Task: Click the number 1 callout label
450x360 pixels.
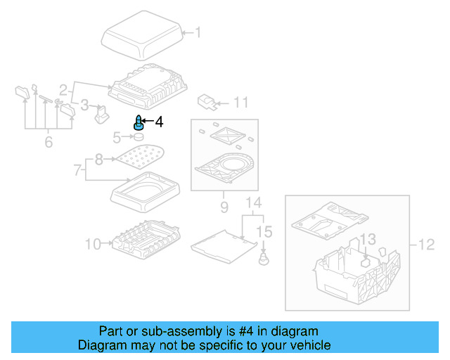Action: pyautogui.click(x=198, y=32)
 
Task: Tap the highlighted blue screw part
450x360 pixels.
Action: pyautogui.click(x=139, y=123)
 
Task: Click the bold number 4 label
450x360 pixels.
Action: pyautogui.click(x=158, y=122)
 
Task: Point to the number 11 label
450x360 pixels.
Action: pyautogui.click(x=240, y=103)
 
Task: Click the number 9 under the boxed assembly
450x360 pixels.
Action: pyautogui.click(x=224, y=207)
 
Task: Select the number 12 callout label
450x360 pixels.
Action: pyautogui.click(x=426, y=245)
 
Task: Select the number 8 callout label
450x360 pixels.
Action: pyautogui.click(x=99, y=160)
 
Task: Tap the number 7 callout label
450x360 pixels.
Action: pyautogui.click(x=79, y=169)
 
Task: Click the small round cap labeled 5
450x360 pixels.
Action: pyautogui.click(x=139, y=136)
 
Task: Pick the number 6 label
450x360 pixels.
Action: pyautogui.click(x=49, y=143)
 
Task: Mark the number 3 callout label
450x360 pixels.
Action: pyautogui.click(x=84, y=105)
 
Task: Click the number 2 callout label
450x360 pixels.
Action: pyautogui.click(x=63, y=90)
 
